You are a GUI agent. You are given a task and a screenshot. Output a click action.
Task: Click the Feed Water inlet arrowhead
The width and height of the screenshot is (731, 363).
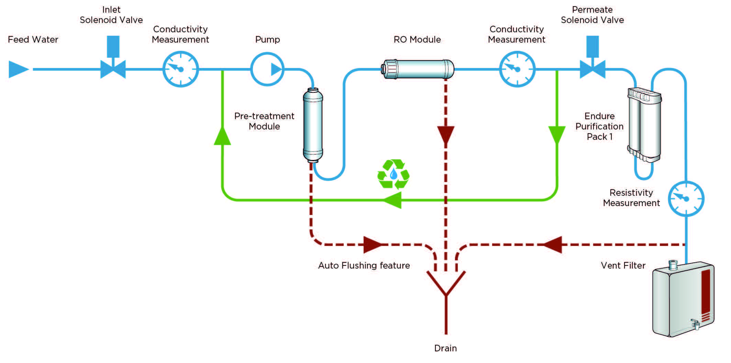coord(18,69)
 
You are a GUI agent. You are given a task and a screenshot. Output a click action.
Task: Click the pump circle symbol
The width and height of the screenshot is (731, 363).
coord(267,69)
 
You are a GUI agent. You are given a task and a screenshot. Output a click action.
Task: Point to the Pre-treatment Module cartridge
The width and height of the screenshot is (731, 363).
coord(313,125)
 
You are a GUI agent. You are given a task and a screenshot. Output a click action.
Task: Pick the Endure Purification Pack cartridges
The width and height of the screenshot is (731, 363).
coord(645,125)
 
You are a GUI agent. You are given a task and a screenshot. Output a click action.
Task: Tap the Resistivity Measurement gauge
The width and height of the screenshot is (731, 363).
coord(686,198)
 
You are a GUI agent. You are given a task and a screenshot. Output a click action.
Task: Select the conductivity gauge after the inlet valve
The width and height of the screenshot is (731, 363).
coord(180,69)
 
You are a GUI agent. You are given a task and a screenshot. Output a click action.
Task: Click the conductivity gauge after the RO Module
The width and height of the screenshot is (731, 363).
coord(517,69)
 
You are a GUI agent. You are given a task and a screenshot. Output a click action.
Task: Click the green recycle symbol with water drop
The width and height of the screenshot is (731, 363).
coord(393,174)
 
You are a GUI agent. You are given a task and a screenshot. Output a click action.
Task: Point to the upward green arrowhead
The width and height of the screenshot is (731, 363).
coord(222,136)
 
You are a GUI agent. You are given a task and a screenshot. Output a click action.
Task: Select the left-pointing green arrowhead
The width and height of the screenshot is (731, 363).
coord(393,200)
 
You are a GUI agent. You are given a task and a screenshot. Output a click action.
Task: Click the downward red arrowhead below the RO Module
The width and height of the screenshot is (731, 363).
coord(446,135)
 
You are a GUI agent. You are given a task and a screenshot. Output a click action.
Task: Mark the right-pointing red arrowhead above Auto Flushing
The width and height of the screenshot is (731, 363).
coord(372,245)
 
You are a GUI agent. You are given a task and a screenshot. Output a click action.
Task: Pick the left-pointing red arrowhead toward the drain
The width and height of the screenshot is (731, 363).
coord(553,245)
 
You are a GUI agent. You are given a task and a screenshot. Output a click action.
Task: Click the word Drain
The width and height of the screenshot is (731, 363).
coord(445,348)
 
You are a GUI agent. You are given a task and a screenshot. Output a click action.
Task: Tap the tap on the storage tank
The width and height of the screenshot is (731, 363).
coord(695,324)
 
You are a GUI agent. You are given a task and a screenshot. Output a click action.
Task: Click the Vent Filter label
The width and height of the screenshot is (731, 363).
coord(623,265)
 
